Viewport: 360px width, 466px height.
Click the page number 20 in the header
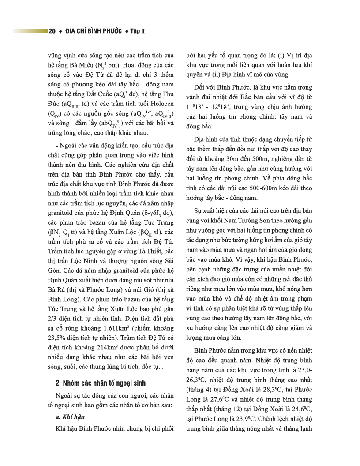[52, 31]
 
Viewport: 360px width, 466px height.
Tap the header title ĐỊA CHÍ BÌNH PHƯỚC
[93, 31]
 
